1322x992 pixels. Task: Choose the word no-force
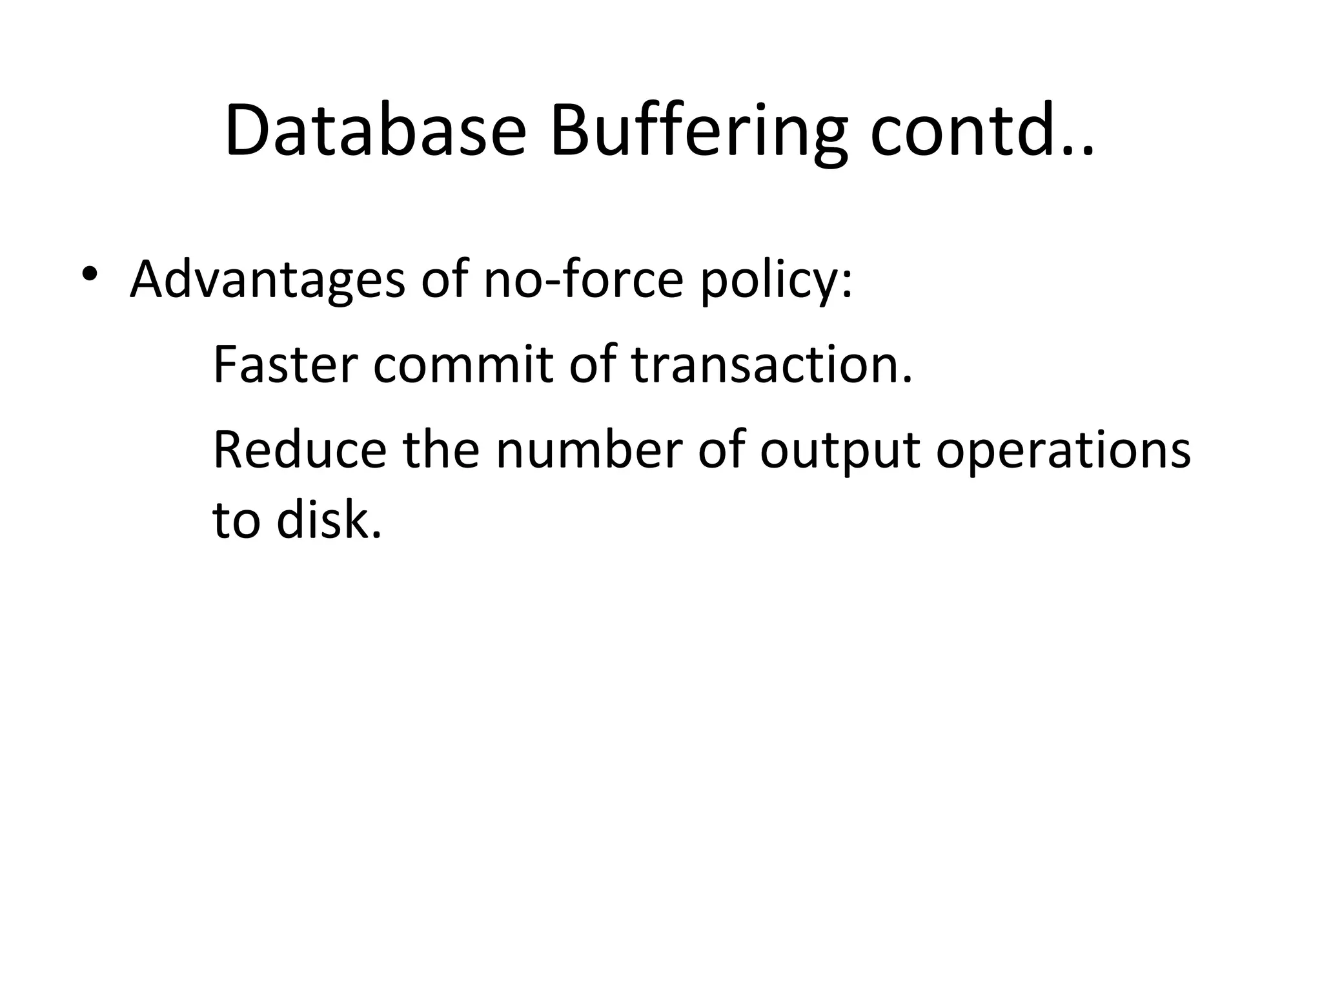tap(583, 279)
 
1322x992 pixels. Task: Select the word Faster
tap(285, 365)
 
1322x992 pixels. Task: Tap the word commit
tap(463, 365)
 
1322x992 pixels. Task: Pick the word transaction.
tap(772, 365)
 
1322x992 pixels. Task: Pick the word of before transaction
tap(592, 365)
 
